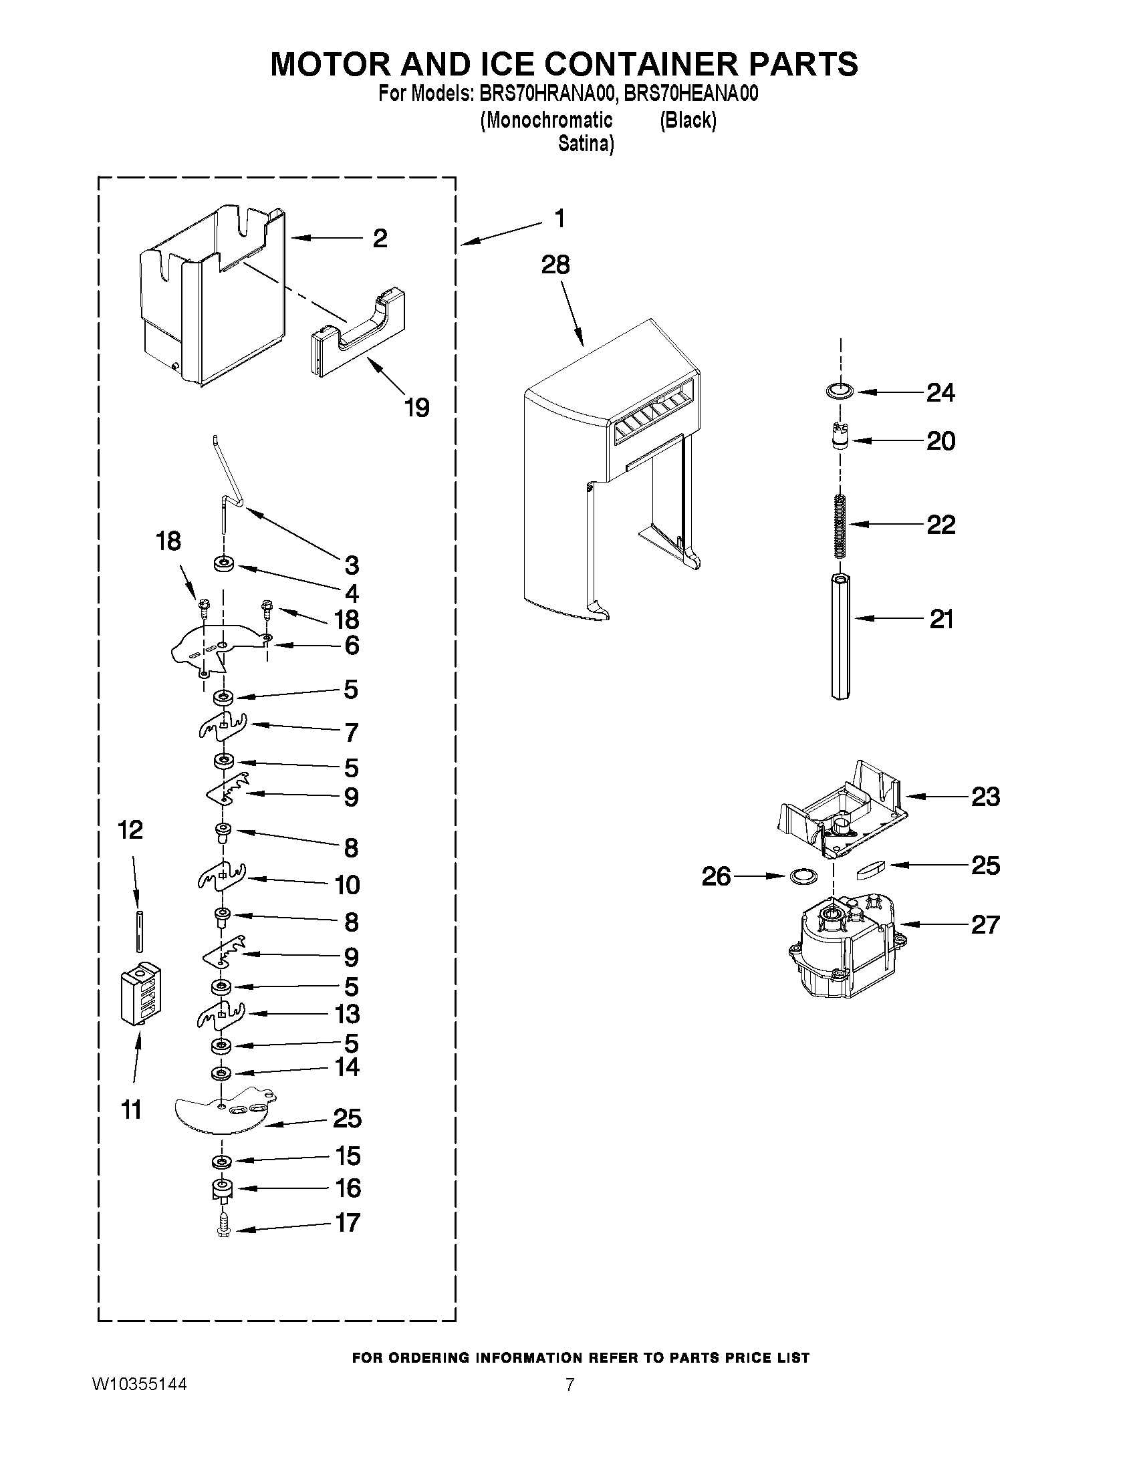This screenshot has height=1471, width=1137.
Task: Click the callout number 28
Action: pyautogui.click(x=555, y=265)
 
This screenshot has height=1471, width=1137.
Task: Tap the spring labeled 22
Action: pyautogui.click(x=839, y=526)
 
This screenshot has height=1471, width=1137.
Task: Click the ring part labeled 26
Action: pyautogui.click(x=801, y=876)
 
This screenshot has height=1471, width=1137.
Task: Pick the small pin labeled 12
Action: pyautogui.click(x=140, y=931)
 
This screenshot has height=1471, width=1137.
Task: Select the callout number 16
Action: pyautogui.click(x=348, y=1188)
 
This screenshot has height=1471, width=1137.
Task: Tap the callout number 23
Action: pyautogui.click(x=985, y=797)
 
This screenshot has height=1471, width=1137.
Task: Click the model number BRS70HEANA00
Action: pyautogui.click(x=691, y=94)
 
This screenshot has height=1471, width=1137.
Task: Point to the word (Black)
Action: pyautogui.click(x=688, y=120)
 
